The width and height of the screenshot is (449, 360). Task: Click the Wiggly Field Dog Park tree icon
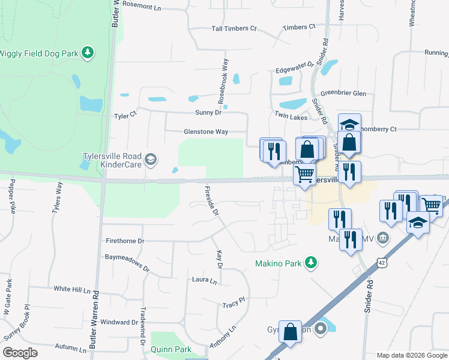(88, 53)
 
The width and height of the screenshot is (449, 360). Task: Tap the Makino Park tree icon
(310, 262)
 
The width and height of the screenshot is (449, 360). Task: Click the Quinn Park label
(171, 349)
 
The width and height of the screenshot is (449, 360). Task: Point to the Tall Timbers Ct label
(234, 29)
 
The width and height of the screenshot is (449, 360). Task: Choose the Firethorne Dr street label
(125, 241)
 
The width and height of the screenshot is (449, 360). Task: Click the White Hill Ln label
(71, 289)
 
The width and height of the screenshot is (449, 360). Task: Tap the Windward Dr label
(118, 322)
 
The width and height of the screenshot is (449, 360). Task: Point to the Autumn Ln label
(71, 347)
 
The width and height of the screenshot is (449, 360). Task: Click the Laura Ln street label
(204, 280)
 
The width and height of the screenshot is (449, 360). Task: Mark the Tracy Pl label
(234, 302)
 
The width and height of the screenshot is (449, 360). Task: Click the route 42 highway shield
(383, 262)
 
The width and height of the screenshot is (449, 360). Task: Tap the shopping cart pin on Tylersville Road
(305, 174)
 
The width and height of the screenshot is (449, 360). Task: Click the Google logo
(20, 352)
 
